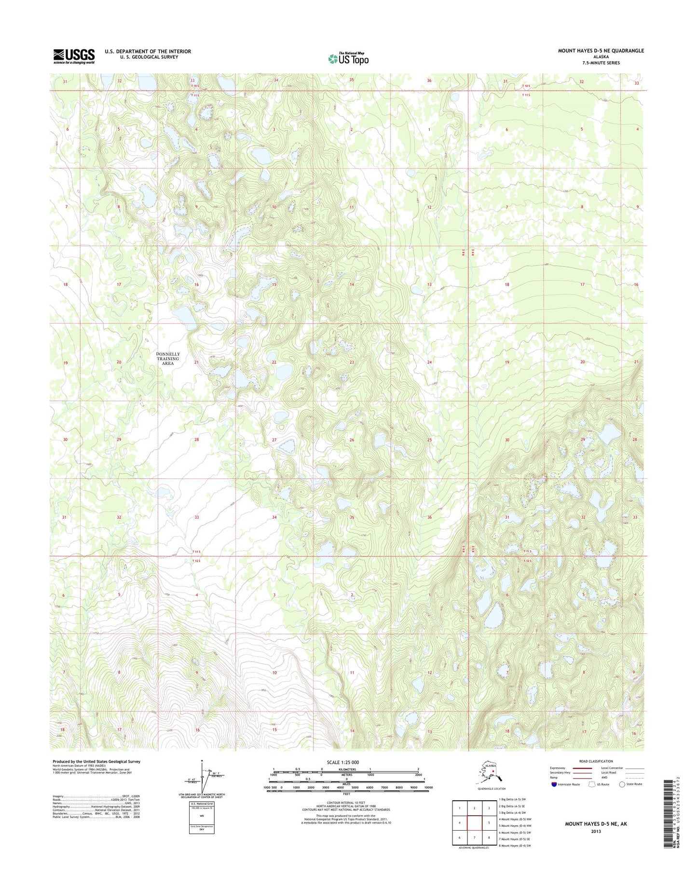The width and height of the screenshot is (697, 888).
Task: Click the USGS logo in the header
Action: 73,56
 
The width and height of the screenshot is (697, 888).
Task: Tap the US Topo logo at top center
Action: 348,58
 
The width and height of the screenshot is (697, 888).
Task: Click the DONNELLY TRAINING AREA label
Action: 167,359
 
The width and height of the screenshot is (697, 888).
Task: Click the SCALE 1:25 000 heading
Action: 346,762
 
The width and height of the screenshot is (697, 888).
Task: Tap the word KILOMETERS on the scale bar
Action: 346,769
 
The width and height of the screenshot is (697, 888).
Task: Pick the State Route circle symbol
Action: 622,784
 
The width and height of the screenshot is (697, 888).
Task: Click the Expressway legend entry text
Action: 557,768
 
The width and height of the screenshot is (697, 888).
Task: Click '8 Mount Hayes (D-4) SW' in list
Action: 515,846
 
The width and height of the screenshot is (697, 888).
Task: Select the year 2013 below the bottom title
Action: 596,831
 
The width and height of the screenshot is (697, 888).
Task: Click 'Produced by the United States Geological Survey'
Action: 96,762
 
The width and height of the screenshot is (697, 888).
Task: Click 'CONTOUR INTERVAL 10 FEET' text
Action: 346,803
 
